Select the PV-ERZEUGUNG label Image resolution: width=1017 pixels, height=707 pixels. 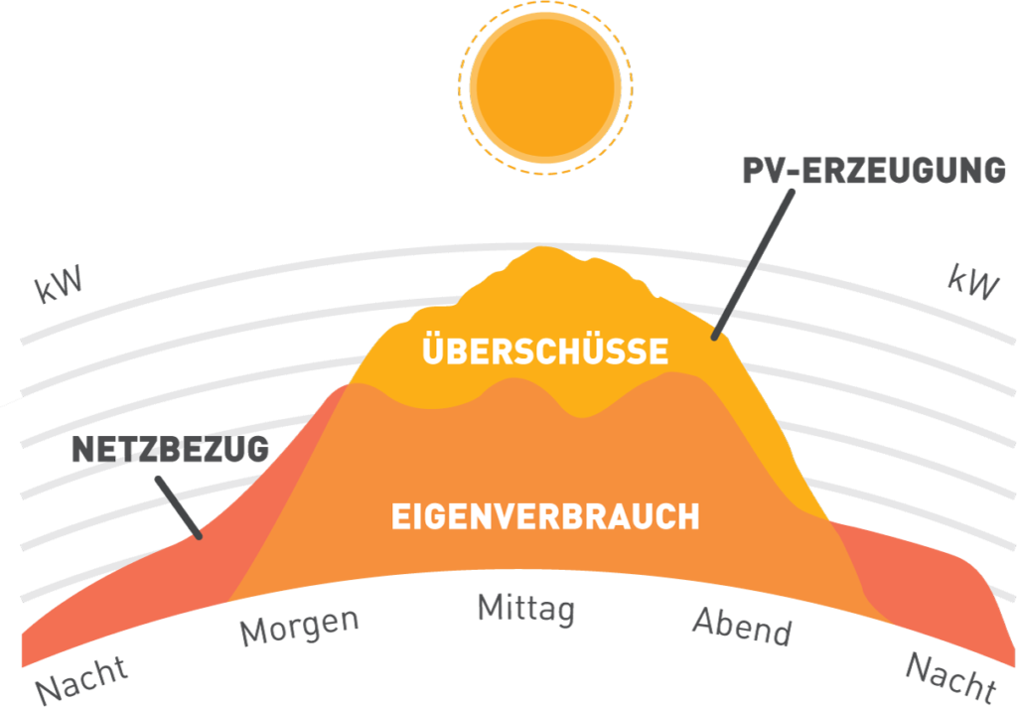coord(874,170)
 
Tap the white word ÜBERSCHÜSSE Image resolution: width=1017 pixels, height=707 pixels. coord(545,352)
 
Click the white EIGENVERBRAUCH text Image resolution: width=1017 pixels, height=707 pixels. coord(545,516)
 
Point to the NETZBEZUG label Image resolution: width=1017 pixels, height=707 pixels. coord(170,449)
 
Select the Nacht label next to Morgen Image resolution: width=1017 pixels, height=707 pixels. coord(82,677)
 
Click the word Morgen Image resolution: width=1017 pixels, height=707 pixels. coord(299,625)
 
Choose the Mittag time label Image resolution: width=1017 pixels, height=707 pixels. coord(526,608)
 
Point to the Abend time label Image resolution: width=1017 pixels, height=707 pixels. coord(742,626)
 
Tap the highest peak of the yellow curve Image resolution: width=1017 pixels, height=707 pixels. coord(541,252)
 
